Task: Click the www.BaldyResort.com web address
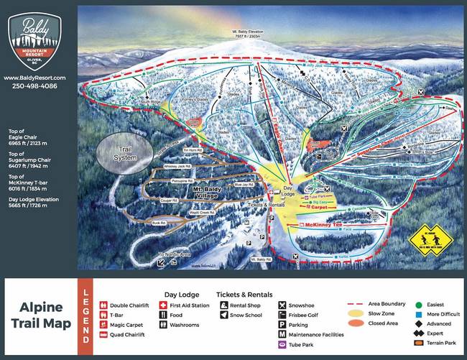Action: [x=34, y=78]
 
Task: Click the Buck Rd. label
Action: [x=159, y=223]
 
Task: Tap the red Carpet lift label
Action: [x=318, y=206]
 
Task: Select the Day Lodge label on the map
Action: [x=287, y=192]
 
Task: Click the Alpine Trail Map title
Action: [x=41, y=316]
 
